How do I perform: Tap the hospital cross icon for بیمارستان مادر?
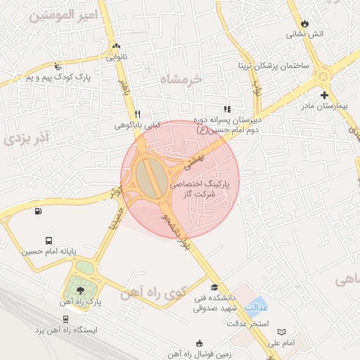tap(324, 95)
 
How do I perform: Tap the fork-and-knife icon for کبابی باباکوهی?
tap(138, 114)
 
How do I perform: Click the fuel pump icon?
tap(37, 210)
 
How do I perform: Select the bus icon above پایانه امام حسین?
tap(48, 240)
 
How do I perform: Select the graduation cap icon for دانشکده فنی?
tap(214, 287)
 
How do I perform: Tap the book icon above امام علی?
tap(282, 331)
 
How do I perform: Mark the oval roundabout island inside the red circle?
tap(148, 179)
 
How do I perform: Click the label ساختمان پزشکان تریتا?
tap(285, 65)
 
